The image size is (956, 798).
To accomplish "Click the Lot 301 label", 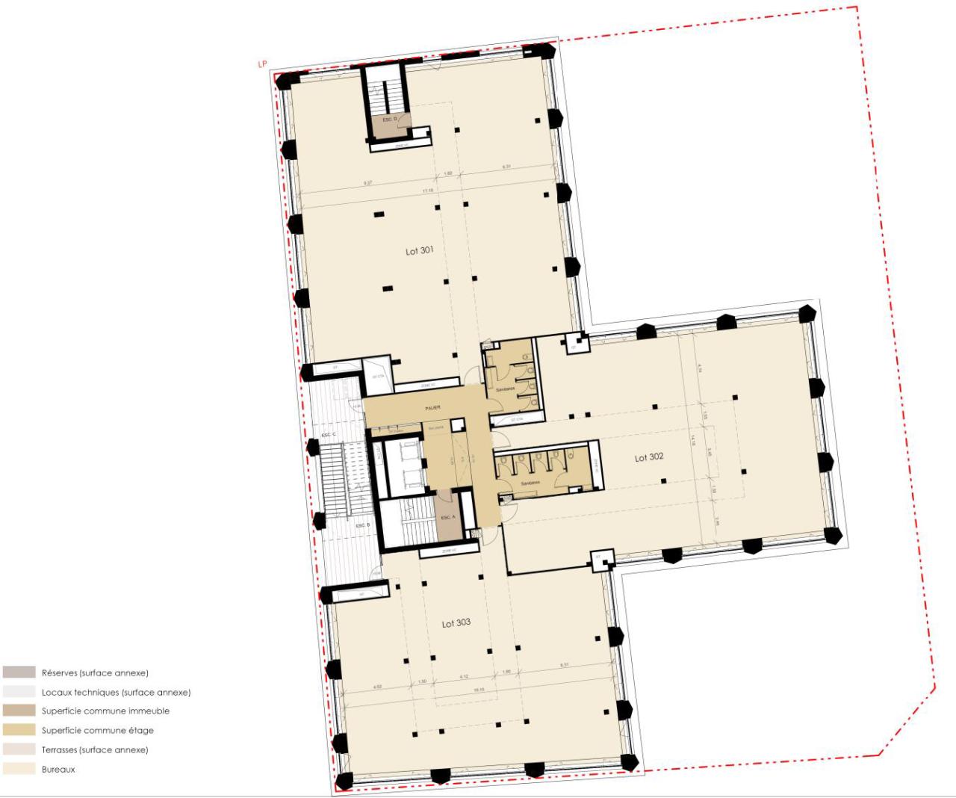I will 419,251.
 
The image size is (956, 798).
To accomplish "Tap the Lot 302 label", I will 649,457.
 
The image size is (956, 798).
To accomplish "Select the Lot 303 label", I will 456,623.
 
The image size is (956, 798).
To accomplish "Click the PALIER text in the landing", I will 432,407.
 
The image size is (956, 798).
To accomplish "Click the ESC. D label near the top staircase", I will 390,120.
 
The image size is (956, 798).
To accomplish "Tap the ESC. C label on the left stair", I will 329,435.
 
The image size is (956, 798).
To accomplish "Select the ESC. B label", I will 363,525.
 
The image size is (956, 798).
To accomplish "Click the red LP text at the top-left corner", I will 262,64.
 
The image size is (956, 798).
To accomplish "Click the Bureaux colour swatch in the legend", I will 19,769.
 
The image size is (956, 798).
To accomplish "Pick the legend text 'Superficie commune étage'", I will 97,731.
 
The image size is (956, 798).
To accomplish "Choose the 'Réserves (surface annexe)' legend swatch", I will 19,672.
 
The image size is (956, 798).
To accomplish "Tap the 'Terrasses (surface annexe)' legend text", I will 95,749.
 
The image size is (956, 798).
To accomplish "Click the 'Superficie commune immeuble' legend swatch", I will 19,711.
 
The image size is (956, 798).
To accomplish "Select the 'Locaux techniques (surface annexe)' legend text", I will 116,692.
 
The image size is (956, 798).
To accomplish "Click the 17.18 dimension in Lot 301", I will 428,191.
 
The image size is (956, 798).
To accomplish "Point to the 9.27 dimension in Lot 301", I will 367,182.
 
